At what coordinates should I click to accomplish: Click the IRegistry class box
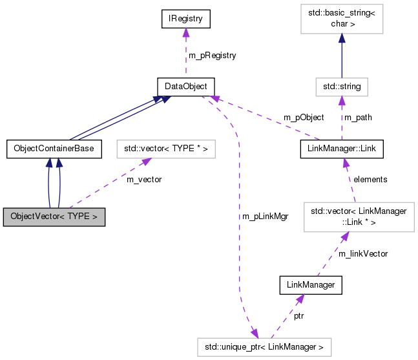tap(186, 19)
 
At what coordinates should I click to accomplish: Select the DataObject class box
tap(186, 85)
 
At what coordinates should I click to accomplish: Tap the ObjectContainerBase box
tap(54, 149)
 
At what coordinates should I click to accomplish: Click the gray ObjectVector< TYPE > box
tap(54, 217)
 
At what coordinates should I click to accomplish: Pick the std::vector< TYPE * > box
tap(165, 149)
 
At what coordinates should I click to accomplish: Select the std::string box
tap(342, 85)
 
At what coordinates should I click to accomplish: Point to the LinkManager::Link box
tap(342, 149)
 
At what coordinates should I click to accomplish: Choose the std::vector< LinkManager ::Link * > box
tap(359, 217)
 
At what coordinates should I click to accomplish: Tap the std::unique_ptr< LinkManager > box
tap(264, 347)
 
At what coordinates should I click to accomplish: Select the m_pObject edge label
tap(304, 118)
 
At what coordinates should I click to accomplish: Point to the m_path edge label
tap(359, 118)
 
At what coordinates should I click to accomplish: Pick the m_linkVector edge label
tap(363, 254)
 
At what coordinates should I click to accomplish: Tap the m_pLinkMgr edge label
tap(266, 217)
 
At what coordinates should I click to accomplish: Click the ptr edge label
tap(298, 316)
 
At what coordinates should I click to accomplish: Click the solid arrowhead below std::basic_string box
tap(342, 39)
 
